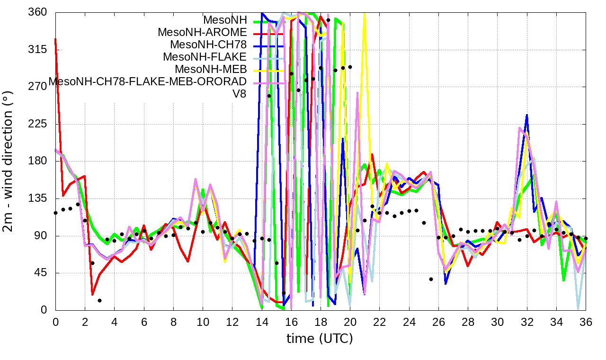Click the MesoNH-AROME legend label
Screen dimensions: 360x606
(203, 33)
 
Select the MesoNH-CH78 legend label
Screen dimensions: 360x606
(208, 45)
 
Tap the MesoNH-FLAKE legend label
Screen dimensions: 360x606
(205, 57)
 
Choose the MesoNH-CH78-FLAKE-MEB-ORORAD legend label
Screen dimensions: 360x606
(148, 81)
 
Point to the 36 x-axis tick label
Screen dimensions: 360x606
(586, 322)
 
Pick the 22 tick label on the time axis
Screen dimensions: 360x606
(380, 322)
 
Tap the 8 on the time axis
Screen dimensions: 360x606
(173, 322)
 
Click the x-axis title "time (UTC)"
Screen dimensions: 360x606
(320, 339)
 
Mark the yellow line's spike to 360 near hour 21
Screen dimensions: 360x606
(364, 14)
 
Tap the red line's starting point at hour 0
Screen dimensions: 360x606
(56, 39)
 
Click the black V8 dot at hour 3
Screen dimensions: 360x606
(100, 300)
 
